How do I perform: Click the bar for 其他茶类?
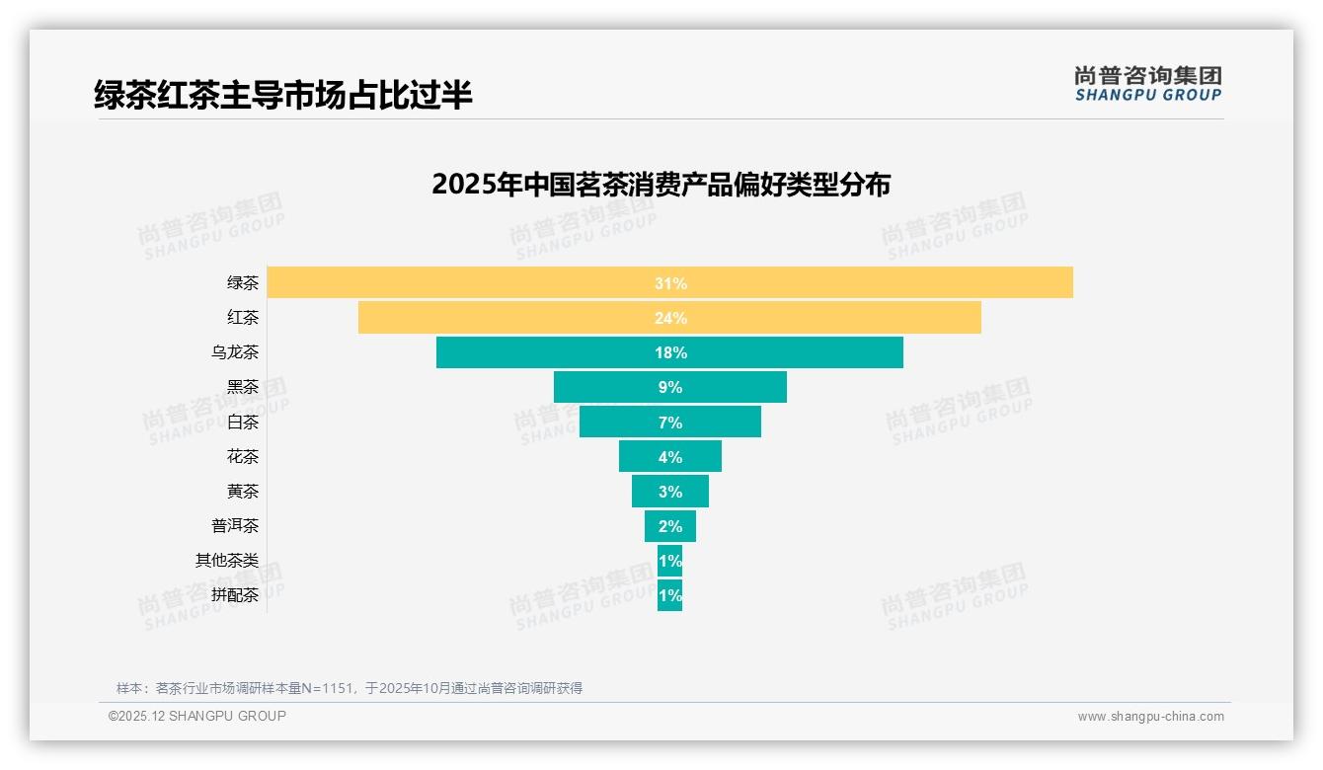click(x=669, y=561)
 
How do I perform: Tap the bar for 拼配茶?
click(x=669, y=595)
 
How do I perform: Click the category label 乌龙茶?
click(x=235, y=352)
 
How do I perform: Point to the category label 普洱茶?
click(x=235, y=526)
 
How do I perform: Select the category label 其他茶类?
click(x=227, y=561)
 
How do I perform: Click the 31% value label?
click(x=670, y=283)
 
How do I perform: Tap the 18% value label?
click(x=670, y=352)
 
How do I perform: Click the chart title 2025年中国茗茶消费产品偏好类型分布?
click(x=661, y=185)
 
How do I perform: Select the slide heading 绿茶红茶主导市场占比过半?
click(x=283, y=95)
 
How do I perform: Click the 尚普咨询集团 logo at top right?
click(x=1147, y=84)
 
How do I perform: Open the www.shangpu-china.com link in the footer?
click(x=1150, y=717)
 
